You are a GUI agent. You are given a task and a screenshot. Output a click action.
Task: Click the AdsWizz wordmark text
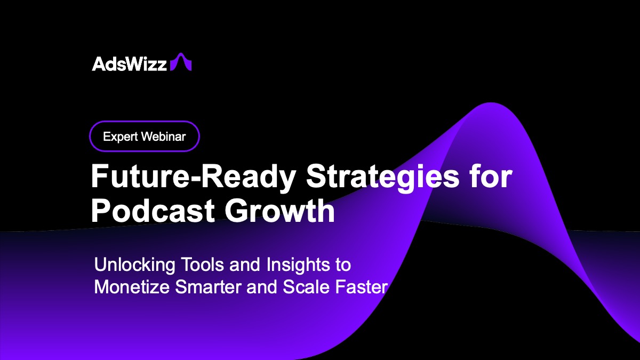click(x=130, y=63)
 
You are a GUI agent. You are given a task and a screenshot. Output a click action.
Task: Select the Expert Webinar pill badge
click(x=144, y=137)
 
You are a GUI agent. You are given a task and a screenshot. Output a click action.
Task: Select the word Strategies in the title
click(x=381, y=177)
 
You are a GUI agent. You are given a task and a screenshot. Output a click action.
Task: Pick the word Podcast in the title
click(x=152, y=211)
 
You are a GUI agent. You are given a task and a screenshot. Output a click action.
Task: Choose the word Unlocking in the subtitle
click(x=128, y=265)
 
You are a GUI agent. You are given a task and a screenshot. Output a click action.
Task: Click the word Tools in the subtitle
click(x=190, y=265)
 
